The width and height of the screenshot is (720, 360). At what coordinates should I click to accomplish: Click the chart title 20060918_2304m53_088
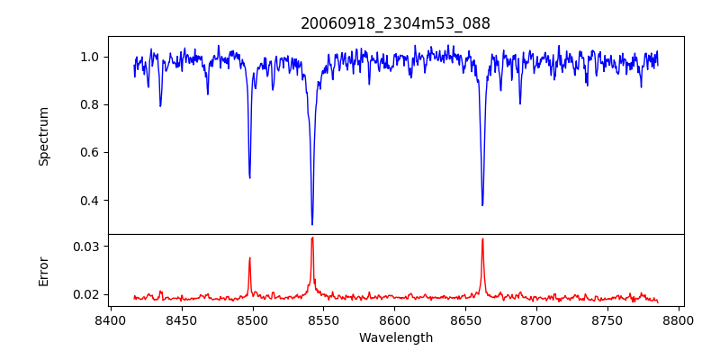coord(396,24)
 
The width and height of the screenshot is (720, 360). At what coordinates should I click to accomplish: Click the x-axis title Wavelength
coord(396,337)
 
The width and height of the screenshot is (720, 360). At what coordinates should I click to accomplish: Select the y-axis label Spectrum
coord(43,136)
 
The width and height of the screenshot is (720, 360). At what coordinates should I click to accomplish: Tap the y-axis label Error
coord(43,271)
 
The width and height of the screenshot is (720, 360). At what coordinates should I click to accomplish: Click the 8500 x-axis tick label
coord(252,319)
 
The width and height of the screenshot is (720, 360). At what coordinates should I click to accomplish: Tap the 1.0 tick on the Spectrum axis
coord(90,57)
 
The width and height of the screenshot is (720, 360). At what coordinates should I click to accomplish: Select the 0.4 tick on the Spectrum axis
coord(90,200)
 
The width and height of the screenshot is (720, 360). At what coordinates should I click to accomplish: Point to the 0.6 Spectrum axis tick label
coord(90,152)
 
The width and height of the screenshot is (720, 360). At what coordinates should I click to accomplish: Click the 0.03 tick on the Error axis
coord(86,247)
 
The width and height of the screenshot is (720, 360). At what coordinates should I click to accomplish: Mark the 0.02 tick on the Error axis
coord(86,294)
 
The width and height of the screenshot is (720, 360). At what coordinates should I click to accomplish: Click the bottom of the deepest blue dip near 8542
coord(312,224)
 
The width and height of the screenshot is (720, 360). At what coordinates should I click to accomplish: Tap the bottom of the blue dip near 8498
coord(249,177)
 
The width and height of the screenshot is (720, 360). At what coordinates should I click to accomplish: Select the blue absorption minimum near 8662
coord(482,205)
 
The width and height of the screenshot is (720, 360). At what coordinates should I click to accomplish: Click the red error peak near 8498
coord(249,258)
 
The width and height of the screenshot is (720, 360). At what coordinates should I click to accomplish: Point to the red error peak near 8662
coord(482,238)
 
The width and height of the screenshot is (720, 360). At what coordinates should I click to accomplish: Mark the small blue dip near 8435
coord(160,106)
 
